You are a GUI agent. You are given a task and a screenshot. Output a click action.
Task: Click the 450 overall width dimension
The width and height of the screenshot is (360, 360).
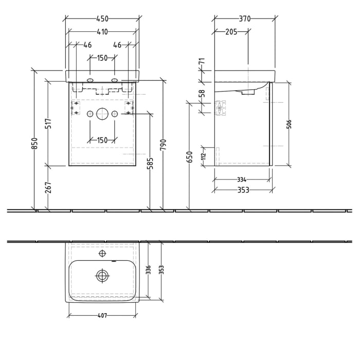[x=102, y=19]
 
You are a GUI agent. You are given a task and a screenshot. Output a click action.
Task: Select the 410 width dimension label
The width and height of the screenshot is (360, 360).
[x=102, y=31]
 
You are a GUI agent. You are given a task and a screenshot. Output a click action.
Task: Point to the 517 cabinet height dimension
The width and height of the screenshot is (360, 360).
[x=48, y=124]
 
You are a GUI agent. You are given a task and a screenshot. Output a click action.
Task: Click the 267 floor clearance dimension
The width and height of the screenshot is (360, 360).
[x=48, y=188]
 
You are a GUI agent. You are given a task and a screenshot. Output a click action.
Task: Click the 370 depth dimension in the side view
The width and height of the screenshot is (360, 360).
[x=245, y=19]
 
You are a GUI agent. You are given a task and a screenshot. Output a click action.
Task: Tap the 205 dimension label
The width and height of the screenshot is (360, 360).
[x=231, y=31]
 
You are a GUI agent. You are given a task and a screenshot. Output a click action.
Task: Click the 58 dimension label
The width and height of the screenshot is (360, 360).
[x=202, y=93]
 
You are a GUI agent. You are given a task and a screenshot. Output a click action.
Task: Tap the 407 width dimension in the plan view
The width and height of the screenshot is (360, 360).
[x=102, y=316]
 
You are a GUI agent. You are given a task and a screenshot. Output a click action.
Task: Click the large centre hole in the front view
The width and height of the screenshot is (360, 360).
[x=102, y=114]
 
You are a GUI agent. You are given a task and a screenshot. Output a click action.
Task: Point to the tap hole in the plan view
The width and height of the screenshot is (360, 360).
[x=102, y=254]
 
